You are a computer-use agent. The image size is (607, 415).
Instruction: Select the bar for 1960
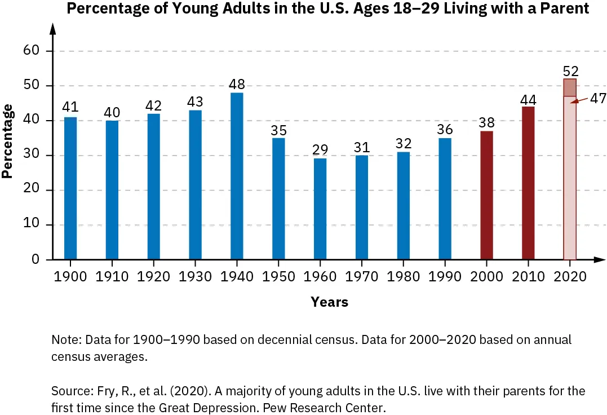click(x=320, y=209)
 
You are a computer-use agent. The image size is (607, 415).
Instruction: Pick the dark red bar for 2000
click(x=486, y=195)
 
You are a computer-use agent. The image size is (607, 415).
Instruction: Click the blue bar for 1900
click(x=70, y=188)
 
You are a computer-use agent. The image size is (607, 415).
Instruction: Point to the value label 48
click(x=237, y=85)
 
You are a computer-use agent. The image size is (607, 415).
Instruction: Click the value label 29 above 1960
click(x=320, y=150)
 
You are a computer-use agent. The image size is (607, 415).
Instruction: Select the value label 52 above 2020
click(x=570, y=71)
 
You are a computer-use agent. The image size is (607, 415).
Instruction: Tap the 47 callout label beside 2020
click(x=597, y=98)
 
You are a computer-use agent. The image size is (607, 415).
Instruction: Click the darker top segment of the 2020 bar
click(x=570, y=87)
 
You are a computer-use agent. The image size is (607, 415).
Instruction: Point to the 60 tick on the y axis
click(x=30, y=51)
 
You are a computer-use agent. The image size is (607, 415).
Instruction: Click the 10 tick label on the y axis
click(x=30, y=225)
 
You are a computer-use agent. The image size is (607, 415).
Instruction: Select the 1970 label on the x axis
click(x=361, y=277)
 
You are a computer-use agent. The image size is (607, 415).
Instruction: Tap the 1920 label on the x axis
click(x=153, y=277)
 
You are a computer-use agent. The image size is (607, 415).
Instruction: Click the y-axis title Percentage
click(x=7, y=141)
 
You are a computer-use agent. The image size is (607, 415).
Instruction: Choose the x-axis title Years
click(x=329, y=302)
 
